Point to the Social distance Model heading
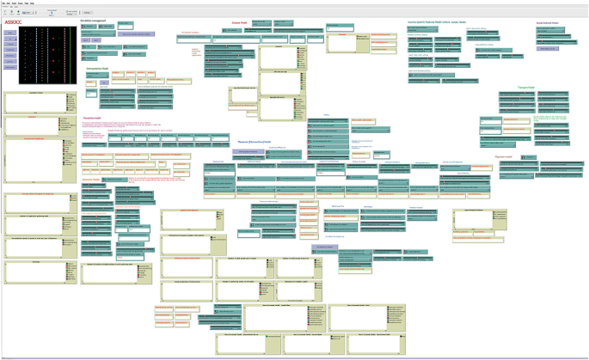(x=548, y=21)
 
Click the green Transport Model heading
(x=525, y=87)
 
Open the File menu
(x=3, y=3)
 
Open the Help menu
(x=33, y=3)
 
